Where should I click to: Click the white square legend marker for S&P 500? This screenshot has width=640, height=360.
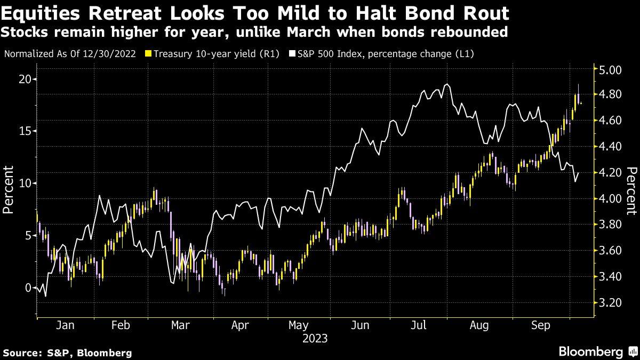293,54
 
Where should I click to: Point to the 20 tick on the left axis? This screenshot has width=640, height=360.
24,79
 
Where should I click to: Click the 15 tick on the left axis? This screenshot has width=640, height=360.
24,131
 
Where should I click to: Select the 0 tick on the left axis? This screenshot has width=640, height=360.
27,287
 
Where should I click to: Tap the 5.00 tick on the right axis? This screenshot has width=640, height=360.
611,70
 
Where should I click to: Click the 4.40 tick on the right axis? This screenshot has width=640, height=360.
611,146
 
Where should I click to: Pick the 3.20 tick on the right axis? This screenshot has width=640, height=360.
611,302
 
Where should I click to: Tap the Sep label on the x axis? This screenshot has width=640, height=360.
541,325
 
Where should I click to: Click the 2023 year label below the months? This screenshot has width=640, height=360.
315,338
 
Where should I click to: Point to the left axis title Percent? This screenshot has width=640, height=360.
9,189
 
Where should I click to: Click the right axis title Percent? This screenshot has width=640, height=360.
631,189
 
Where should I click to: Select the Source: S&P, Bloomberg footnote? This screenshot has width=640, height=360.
67,353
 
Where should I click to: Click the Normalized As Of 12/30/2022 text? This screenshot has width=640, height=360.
70,54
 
